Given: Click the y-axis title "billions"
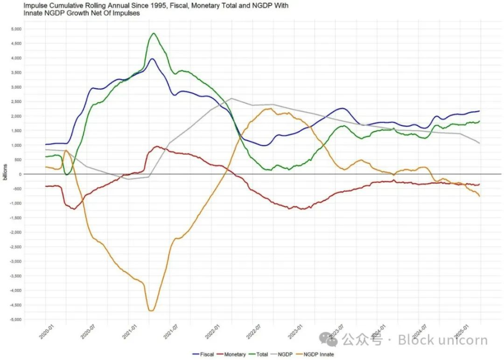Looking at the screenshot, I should click(x=5, y=171).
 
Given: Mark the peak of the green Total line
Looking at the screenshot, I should click(x=154, y=33).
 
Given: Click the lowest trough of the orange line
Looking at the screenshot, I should click(x=151, y=311).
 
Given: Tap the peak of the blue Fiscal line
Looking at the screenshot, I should click(x=152, y=59).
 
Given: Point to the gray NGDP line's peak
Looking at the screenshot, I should click(x=231, y=99).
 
